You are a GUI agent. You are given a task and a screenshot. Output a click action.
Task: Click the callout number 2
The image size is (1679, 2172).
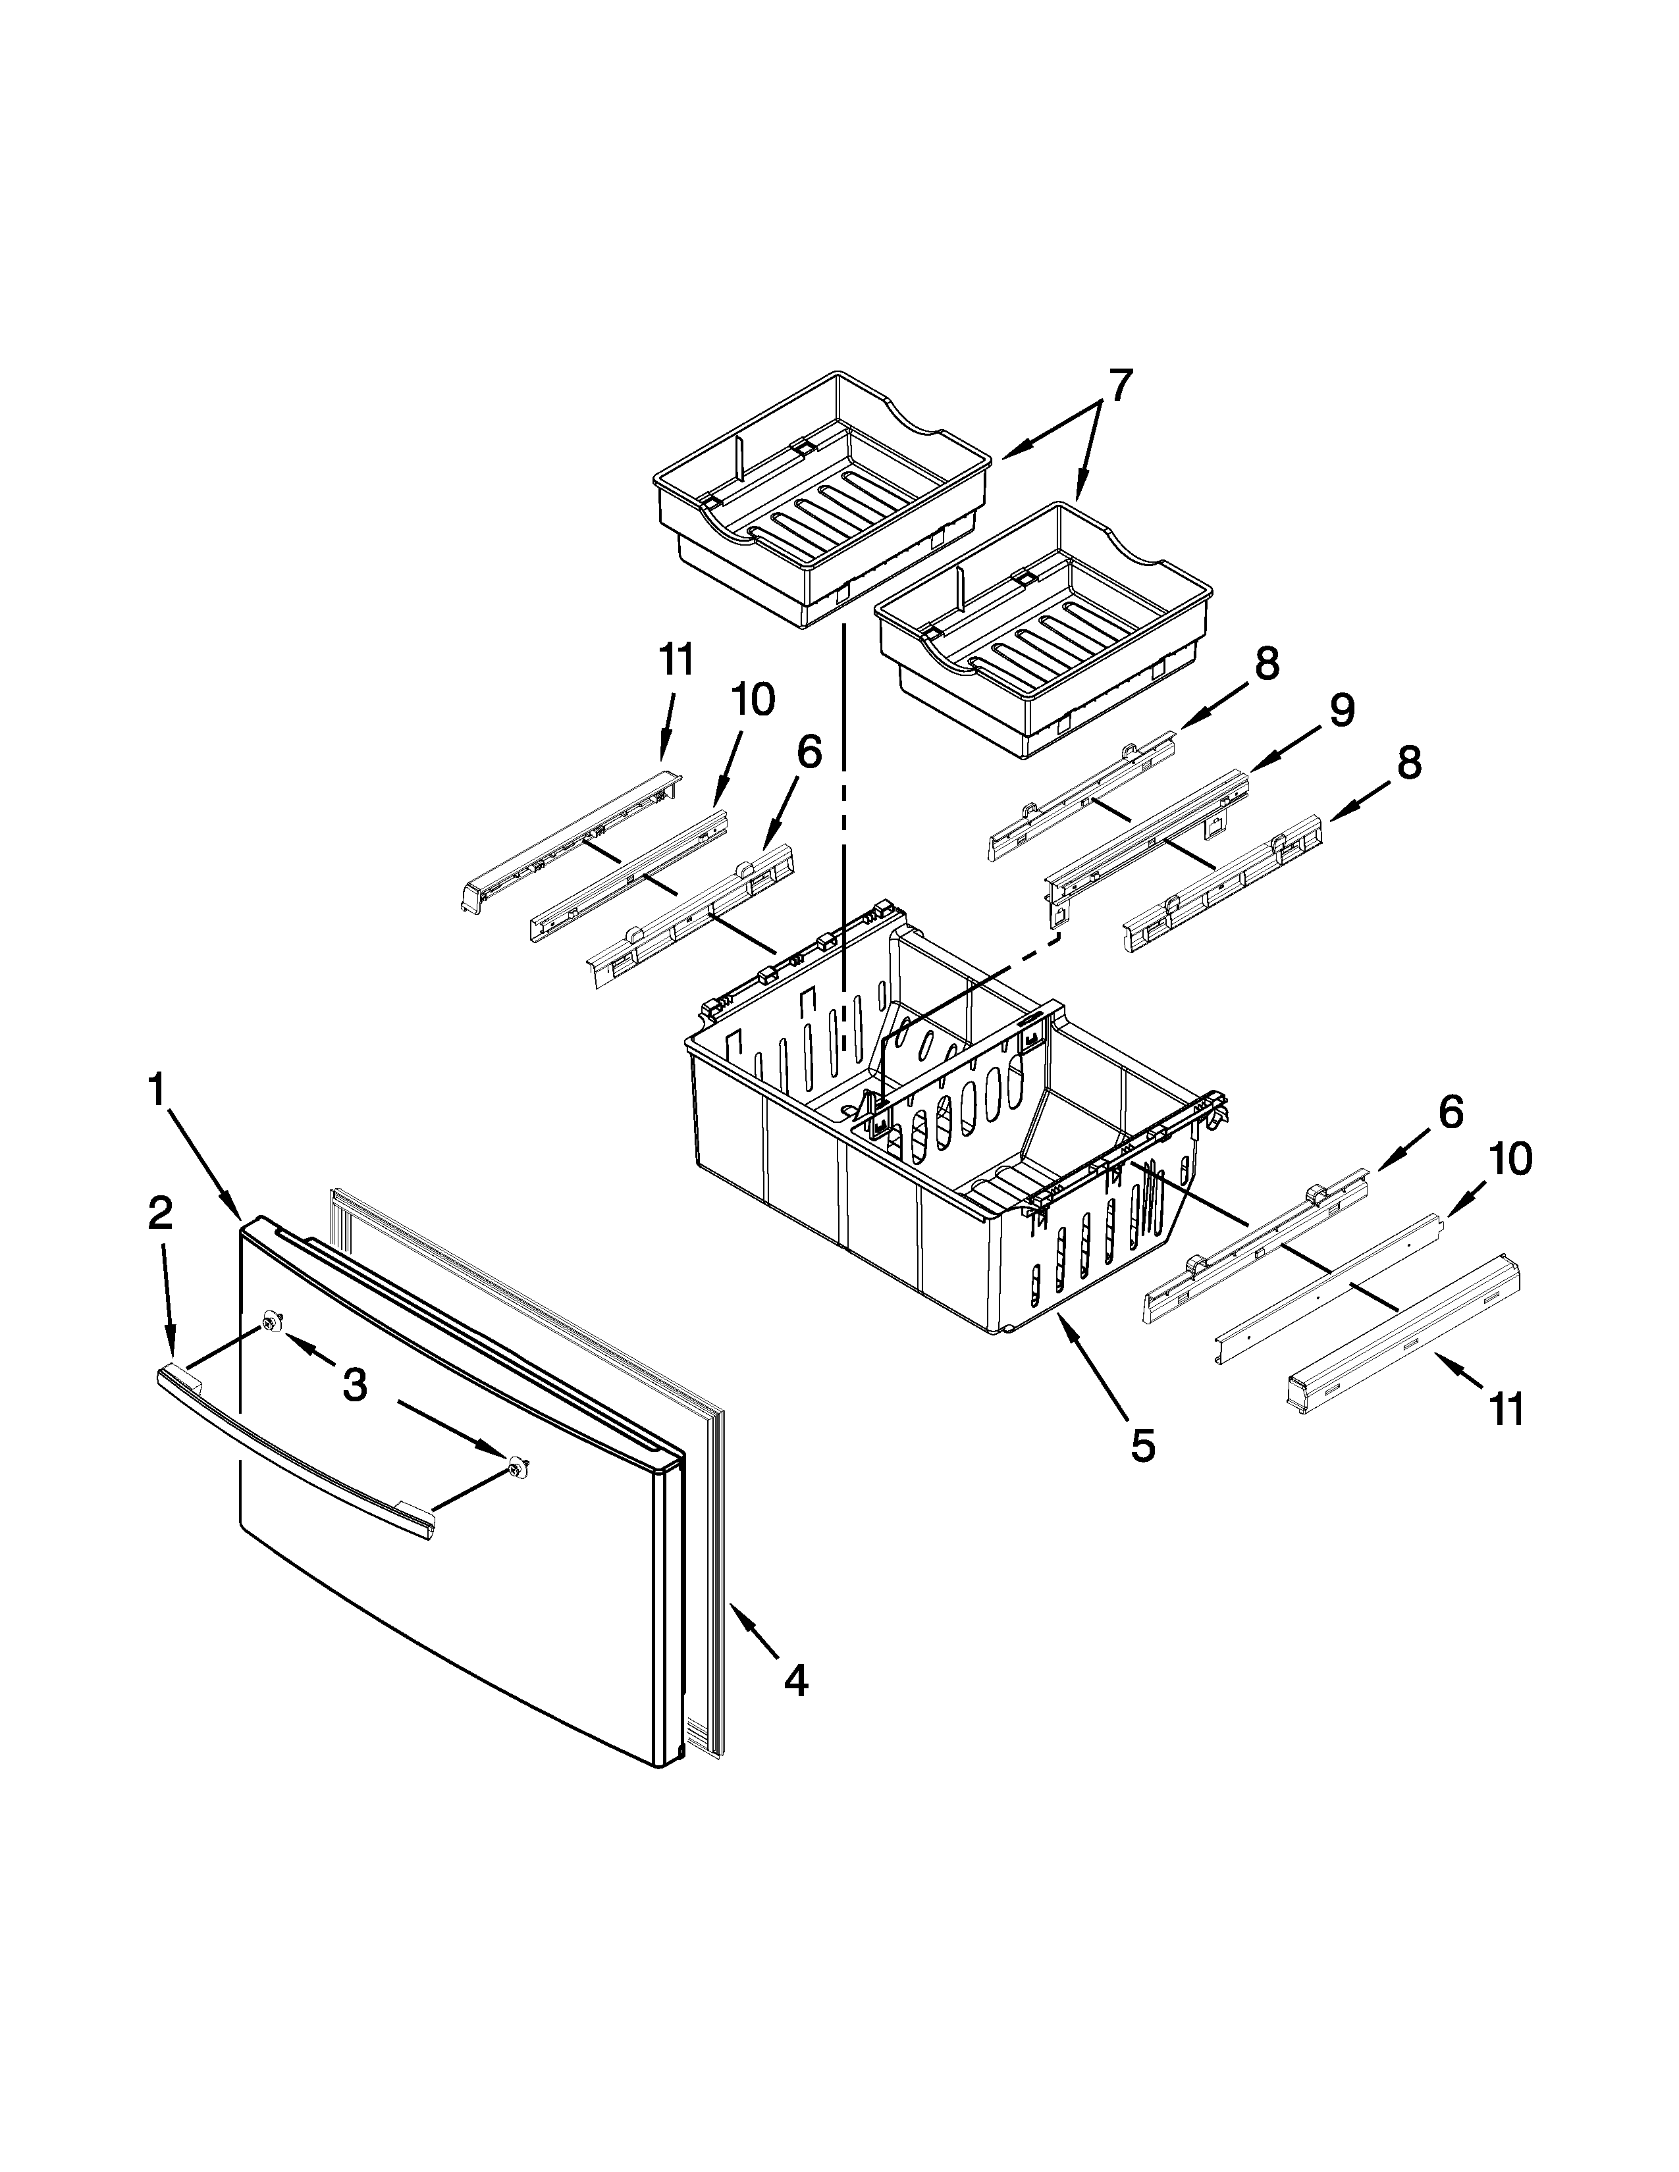[x=160, y=1212]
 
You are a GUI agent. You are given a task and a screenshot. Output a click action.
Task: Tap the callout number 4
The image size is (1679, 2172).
[x=796, y=1682]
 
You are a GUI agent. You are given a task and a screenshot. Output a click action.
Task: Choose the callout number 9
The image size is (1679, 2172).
[x=1343, y=710]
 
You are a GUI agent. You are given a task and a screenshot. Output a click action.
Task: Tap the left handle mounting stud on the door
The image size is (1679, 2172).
[x=271, y=1320]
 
